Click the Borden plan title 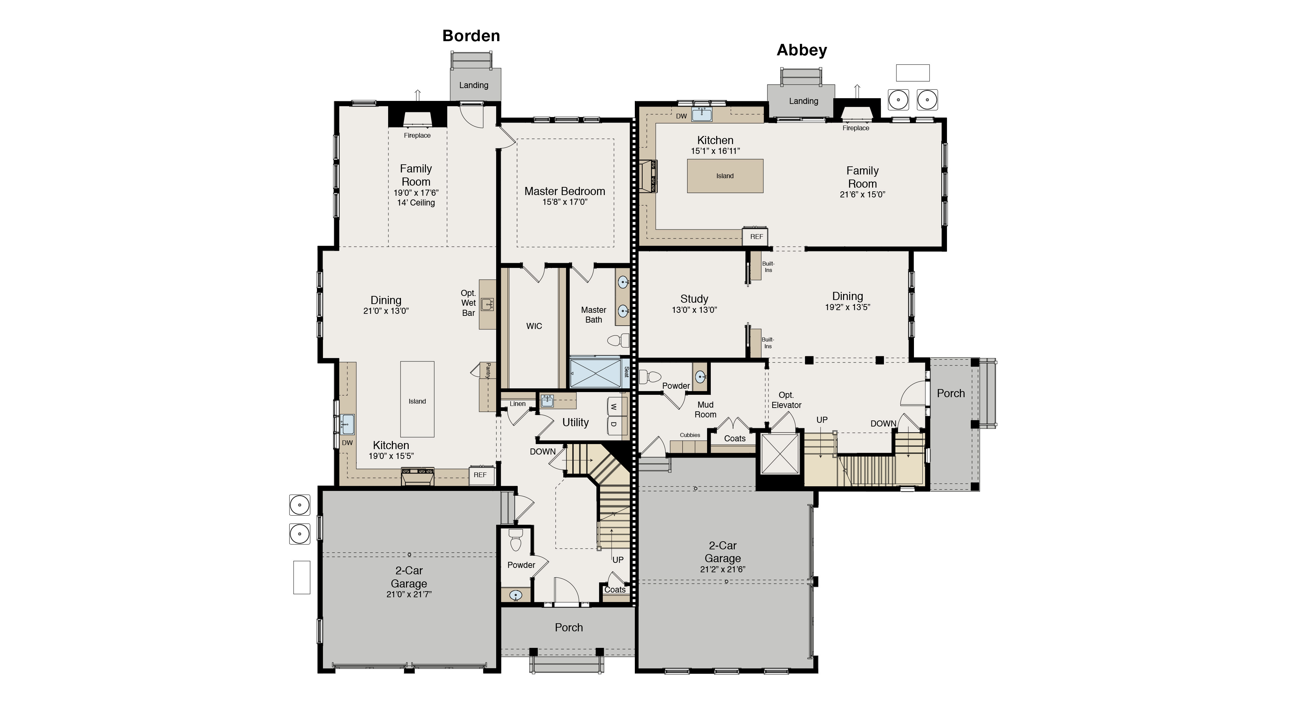click(x=471, y=36)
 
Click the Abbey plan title click(x=802, y=50)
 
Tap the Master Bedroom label click(x=565, y=191)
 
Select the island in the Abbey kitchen click(x=725, y=175)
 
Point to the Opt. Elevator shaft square click(x=780, y=454)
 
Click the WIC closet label click(x=534, y=326)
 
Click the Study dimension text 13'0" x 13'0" click(x=694, y=310)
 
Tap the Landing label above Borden click(x=474, y=85)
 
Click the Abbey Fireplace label click(x=856, y=128)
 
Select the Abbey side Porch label click(x=950, y=393)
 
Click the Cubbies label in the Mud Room click(x=690, y=435)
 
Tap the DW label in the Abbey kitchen click(x=681, y=116)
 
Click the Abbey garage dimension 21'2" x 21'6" click(x=723, y=570)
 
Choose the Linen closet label click(x=517, y=404)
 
